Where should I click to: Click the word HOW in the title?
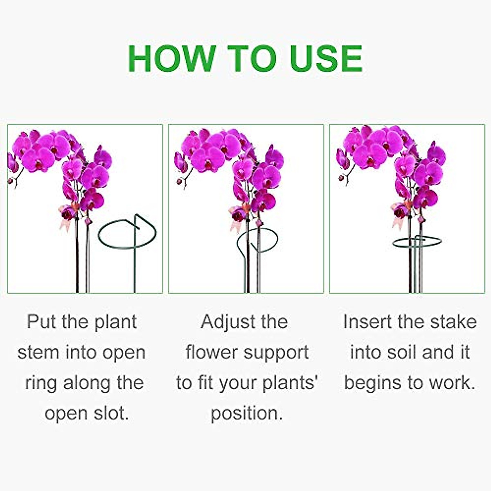pyautogui.click(x=171, y=59)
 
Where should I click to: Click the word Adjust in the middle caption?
pyautogui.click(x=226, y=322)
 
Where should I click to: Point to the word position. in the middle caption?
pyautogui.click(x=246, y=413)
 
